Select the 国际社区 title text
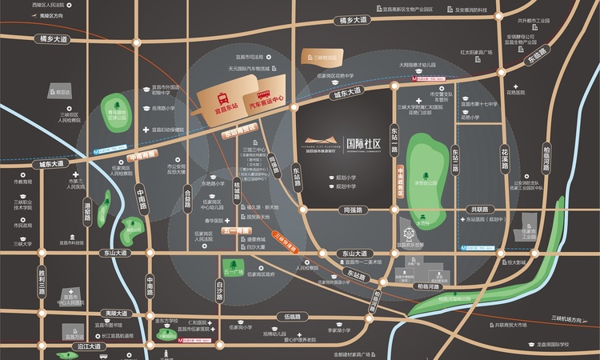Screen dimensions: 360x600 [362, 145]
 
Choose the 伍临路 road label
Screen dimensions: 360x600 [291, 316]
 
